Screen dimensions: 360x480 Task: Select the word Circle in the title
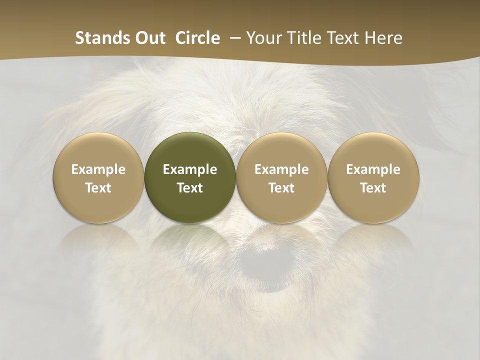click(x=197, y=38)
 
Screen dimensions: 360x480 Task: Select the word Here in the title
click(x=384, y=38)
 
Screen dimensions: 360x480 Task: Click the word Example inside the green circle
click(x=190, y=169)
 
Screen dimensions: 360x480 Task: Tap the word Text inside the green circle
click(x=190, y=188)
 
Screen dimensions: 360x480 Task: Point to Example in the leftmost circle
click(x=98, y=169)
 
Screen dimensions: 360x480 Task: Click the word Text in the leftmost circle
click(x=98, y=188)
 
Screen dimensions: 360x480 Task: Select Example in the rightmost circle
click(x=373, y=169)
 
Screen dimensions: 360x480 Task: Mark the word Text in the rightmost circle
click(x=373, y=188)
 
